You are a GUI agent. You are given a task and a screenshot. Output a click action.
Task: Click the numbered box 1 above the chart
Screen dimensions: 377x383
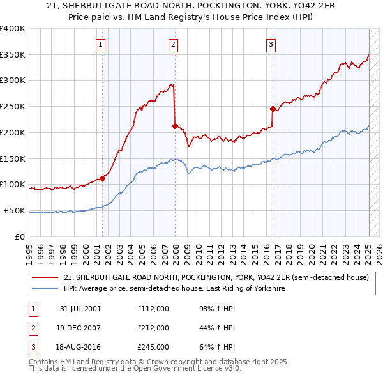[x=101, y=44]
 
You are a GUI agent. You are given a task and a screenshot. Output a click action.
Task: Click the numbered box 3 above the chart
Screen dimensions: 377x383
[x=271, y=44]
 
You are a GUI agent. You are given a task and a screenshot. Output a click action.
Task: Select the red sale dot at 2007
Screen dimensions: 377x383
[x=175, y=126]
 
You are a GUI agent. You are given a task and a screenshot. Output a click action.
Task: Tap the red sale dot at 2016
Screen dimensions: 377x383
[x=273, y=109]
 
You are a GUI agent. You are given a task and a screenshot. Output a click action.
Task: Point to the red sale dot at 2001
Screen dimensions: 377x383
[x=102, y=178]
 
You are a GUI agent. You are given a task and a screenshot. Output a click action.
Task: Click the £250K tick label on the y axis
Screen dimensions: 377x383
[x=13, y=107]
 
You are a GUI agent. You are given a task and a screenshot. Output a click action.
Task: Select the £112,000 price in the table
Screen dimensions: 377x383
[x=153, y=309]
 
